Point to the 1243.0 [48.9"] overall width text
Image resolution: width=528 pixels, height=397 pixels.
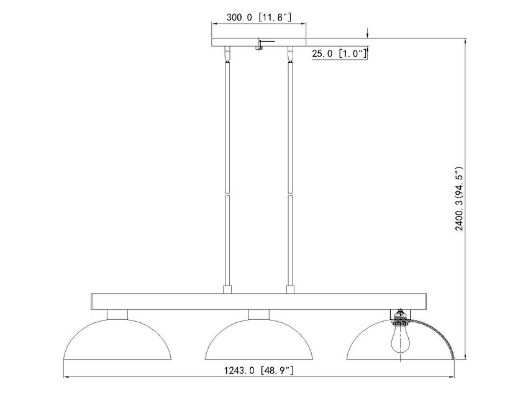260,371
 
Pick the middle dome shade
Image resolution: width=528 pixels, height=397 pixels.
259,339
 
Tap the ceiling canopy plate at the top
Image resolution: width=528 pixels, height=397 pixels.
259,43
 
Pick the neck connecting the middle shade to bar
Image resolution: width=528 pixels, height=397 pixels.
259,314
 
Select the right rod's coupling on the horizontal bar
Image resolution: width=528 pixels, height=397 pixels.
289,289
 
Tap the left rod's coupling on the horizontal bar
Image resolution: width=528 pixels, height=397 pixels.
227,289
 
